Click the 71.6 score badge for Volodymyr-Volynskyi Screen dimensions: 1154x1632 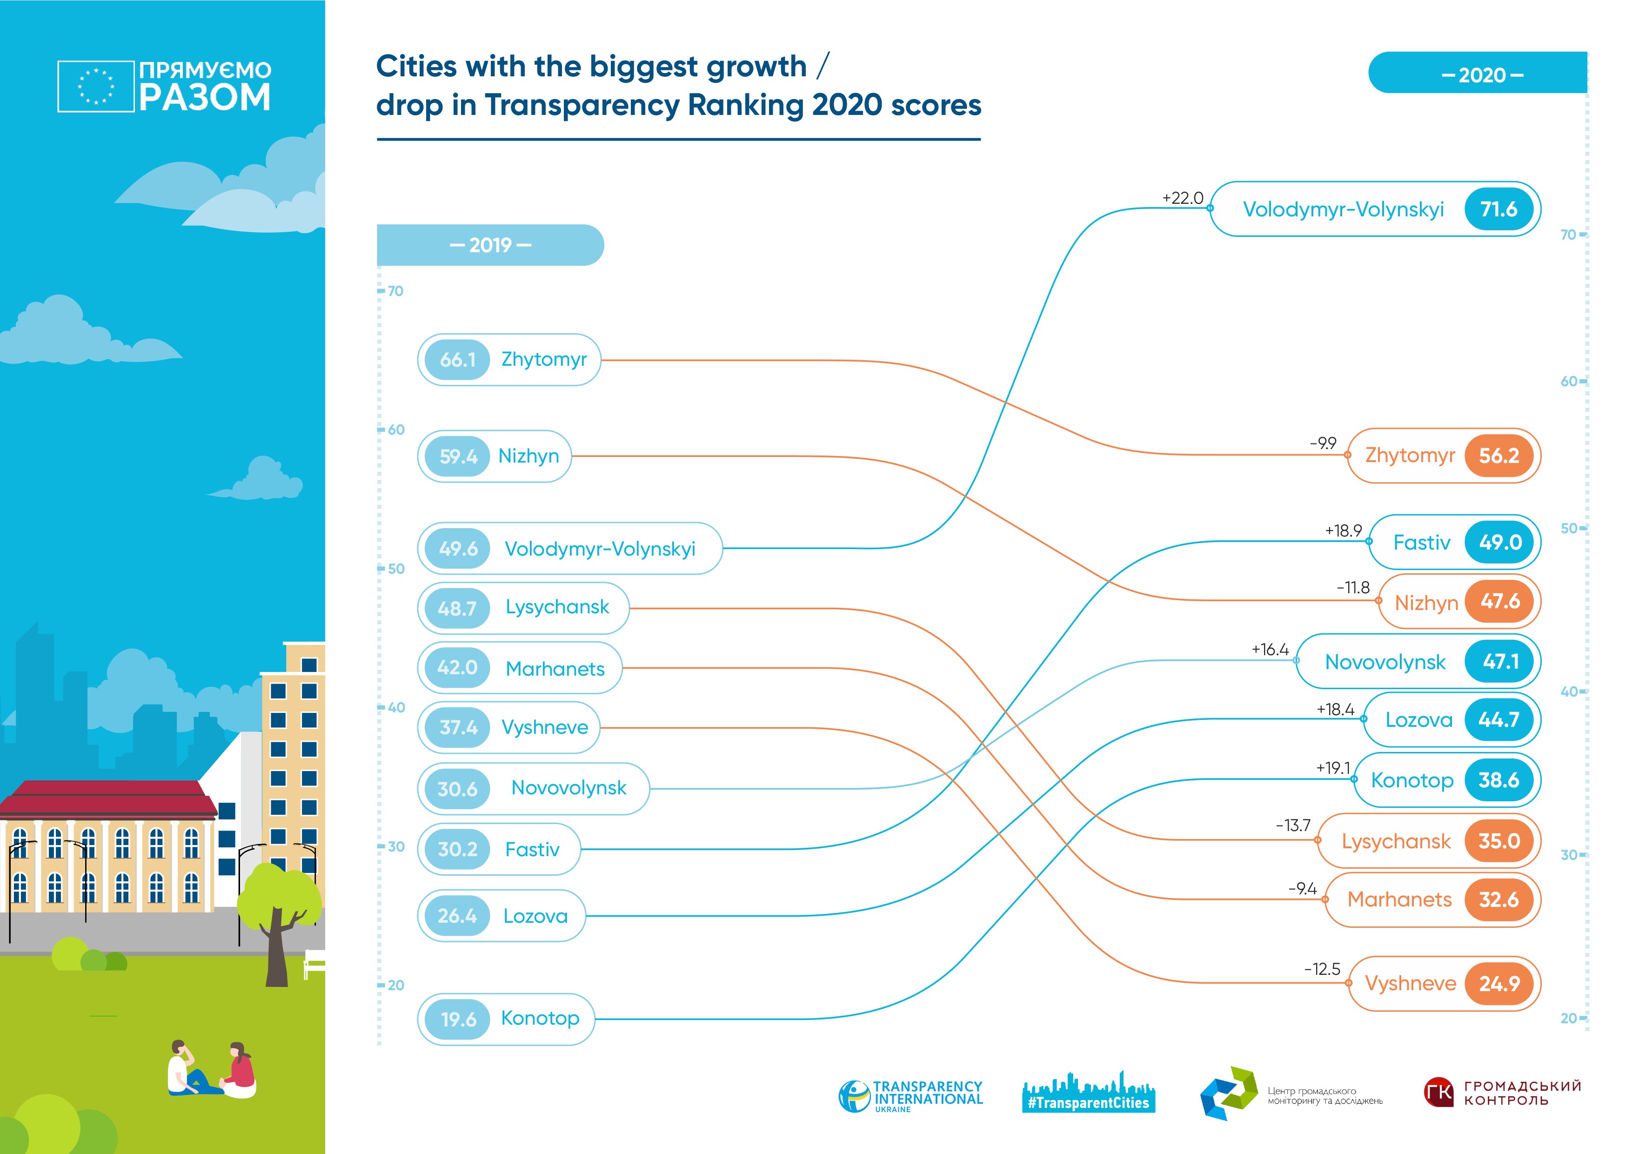pyautogui.click(x=1498, y=209)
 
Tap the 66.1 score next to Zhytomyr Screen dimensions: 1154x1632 pyautogui.click(x=457, y=360)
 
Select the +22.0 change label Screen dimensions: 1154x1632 pyautogui.click(x=1182, y=198)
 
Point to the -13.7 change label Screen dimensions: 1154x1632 pyautogui.click(x=1292, y=825)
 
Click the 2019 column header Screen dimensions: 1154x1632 pyautogui.click(x=490, y=245)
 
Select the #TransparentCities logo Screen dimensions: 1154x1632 pyautogui.click(x=1088, y=1094)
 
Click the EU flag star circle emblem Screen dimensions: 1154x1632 pyautogui.click(x=96, y=87)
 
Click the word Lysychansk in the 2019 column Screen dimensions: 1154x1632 pyautogui.click(x=557, y=607)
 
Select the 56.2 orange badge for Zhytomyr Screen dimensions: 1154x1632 pyautogui.click(x=1498, y=456)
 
